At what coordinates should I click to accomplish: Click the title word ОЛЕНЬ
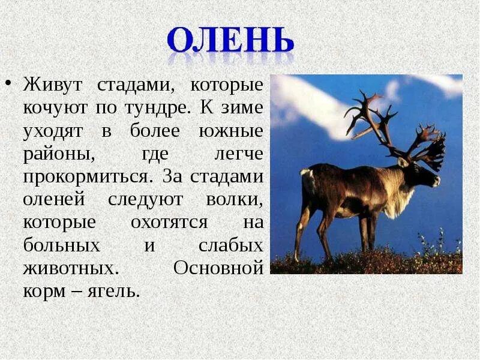pyautogui.click(x=230, y=40)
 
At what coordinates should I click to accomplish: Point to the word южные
pyautogui.click(x=232, y=131)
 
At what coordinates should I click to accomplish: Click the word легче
pyautogui.click(x=239, y=154)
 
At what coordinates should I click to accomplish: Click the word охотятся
pyautogui.click(x=169, y=223)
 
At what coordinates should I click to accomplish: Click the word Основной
pyautogui.click(x=218, y=268)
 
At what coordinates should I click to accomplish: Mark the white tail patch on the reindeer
pyautogui.click(x=307, y=173)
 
